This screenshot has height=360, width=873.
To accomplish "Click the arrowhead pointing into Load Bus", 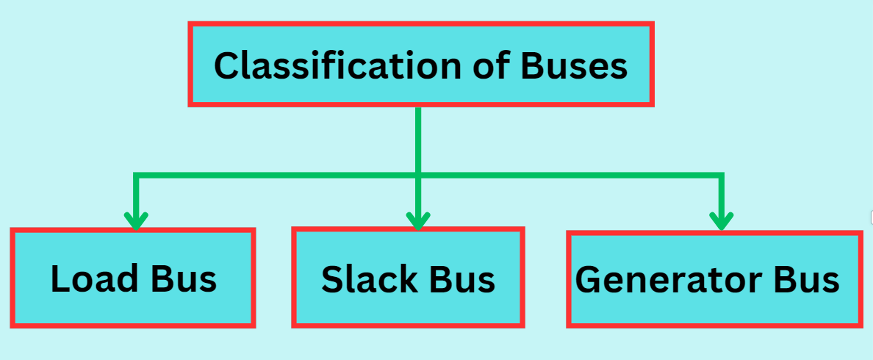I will [x=136, y=220].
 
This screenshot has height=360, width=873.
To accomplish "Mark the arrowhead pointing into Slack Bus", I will [x=417, y=220].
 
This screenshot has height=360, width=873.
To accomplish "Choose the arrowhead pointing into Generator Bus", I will [x=721, y=220].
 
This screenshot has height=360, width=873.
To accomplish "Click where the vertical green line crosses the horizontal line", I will [x=417, y=175].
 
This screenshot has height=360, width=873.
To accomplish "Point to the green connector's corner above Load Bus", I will [x=136, y=175].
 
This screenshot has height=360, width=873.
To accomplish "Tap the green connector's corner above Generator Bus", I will [x=721, y=175].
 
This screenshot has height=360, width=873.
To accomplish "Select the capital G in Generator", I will [x=588, y=279].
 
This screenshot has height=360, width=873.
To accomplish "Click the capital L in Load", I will [x=60, y=278].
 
